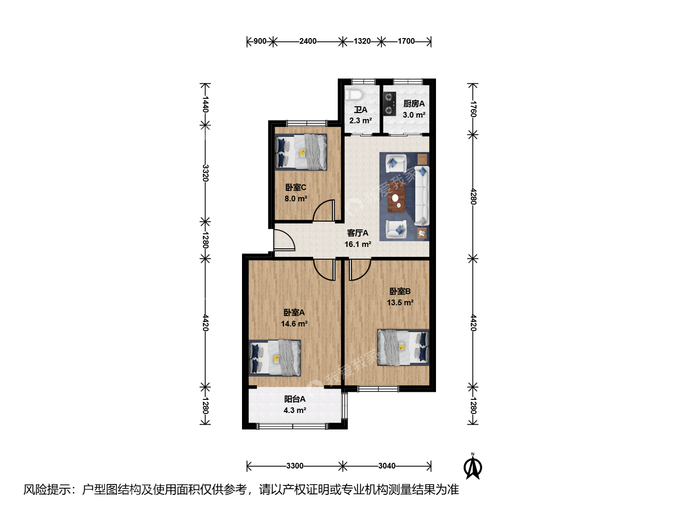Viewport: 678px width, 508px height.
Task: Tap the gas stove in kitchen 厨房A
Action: [389, 104]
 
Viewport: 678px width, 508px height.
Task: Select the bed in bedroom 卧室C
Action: [301, 152]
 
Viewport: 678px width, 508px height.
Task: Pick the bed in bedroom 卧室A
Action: [274, 358]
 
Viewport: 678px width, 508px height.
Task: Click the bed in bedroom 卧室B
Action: [403, 347]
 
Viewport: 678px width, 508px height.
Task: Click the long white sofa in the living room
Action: [421, 196]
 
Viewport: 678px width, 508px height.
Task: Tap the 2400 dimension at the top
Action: [307, 41]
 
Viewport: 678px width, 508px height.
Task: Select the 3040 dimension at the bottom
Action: [387, 466]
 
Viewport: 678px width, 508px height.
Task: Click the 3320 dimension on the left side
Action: [205, 173]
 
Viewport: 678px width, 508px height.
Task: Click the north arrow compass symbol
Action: [473, 467]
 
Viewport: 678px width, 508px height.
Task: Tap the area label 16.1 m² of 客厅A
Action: [358, 244]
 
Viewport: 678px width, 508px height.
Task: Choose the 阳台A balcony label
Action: [295, 399]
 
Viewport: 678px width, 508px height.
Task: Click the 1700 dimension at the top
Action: [406, 41]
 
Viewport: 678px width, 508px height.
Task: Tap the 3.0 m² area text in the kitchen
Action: [414, 115]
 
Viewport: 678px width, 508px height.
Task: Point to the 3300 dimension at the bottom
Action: [295, 466]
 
